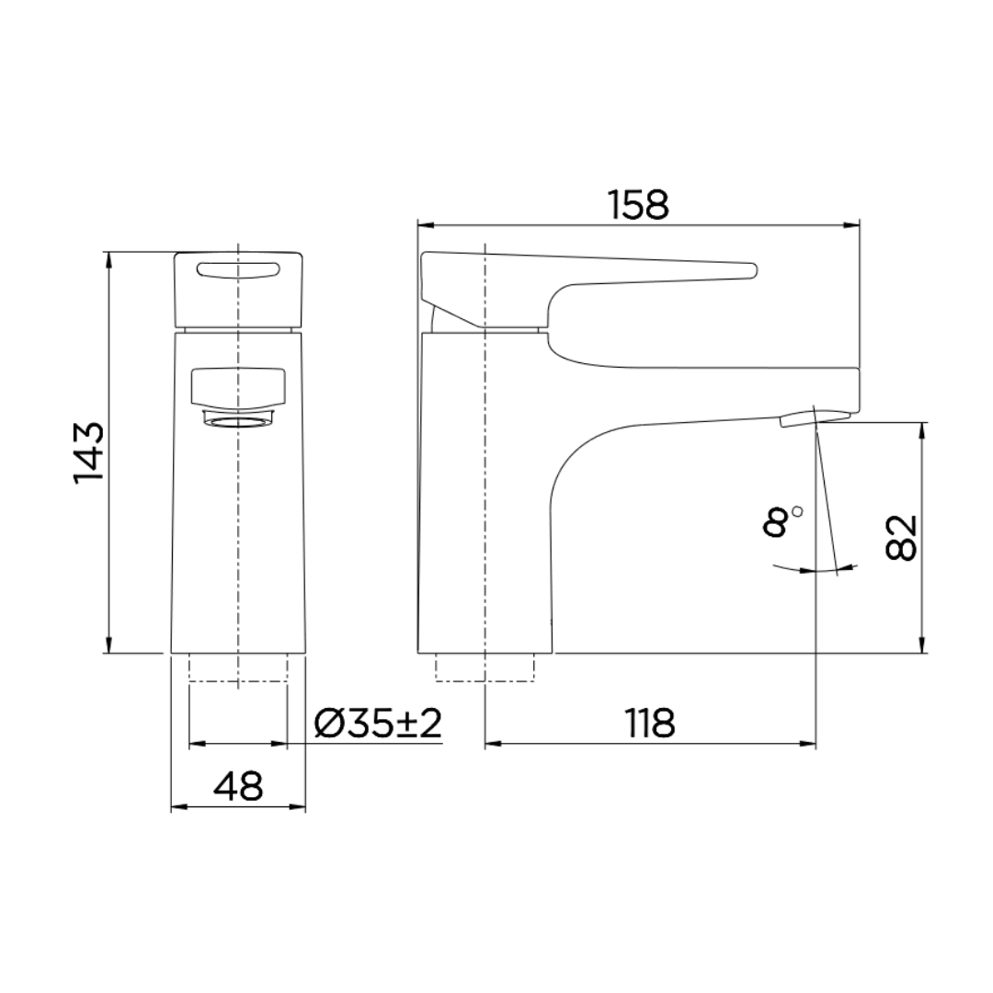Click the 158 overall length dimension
(638, 204)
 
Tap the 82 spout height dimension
(903, 538)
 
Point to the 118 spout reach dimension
(650, 724)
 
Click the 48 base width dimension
(238, 787)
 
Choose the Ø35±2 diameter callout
(378, 724)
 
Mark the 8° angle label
(780, 521)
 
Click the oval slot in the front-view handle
(238, 268)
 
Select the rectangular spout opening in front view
(238, 386)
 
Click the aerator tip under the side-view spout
(796, 419)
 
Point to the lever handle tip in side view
(749, 269)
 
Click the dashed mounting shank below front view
(238, 668)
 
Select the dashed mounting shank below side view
(485, 668)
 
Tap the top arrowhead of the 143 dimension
(108, 258)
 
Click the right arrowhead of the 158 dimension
(852, 223)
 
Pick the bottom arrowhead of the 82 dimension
(922, 646)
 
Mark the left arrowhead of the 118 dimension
(491, 743)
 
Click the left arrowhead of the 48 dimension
(178, 808)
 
